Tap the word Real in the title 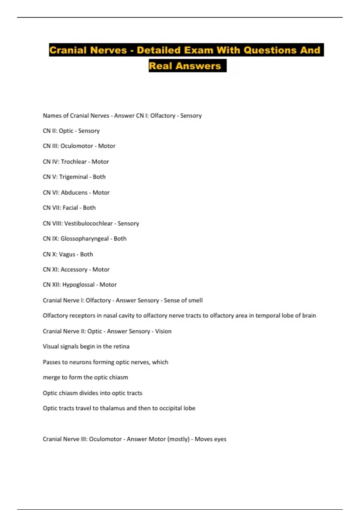pos(160,66)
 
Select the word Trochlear pos(73,162)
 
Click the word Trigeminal pos(73,177)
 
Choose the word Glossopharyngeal pos(85,239)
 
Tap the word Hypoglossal pos(78,285)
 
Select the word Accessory pos(74,270)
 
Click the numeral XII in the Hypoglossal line pos(56,285)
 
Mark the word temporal pos(268,316)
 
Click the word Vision pos(163,331)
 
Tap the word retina pos(121,346)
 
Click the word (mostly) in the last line pos(178,439)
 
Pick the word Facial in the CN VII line pos(70,208)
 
